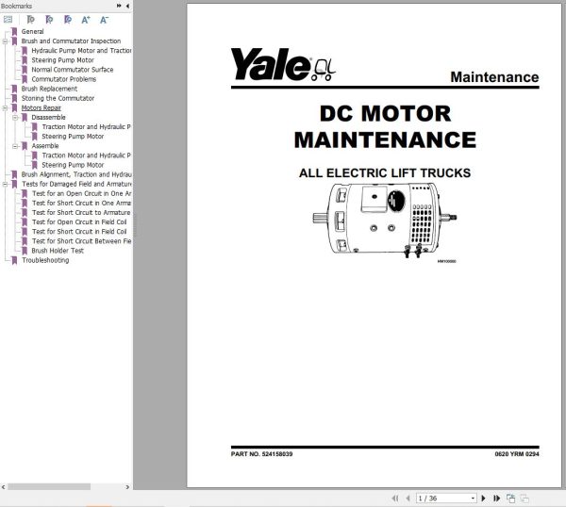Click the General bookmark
pos(32,32)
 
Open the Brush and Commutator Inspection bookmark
pos(71,41)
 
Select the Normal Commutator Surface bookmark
pos(72,70)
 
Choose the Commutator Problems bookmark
pos(63,79)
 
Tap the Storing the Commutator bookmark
pos(57,98)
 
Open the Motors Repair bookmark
pos(42,107)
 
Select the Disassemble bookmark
pos(49,117)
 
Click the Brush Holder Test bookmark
pos(58,251)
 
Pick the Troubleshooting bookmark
pos(44,260)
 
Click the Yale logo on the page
pos(271,66)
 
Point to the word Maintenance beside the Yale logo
pos(494,77)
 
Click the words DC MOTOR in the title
pos(385,114)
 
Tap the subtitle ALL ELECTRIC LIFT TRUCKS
pos(385,173)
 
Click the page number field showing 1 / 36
pos(440,498)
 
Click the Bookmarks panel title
pos(18,6)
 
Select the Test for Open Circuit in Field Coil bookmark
pos(79,222)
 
